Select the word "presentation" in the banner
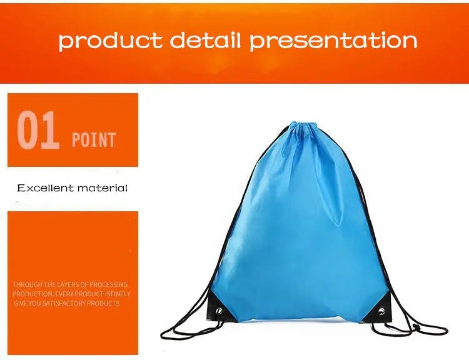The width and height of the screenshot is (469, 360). click(333, 41)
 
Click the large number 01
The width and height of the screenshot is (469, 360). click(38, 131)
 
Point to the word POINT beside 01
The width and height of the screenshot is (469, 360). click(94, 139)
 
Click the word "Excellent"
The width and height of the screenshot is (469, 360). click(45, 188)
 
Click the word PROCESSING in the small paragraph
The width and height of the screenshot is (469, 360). click(109, 285)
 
